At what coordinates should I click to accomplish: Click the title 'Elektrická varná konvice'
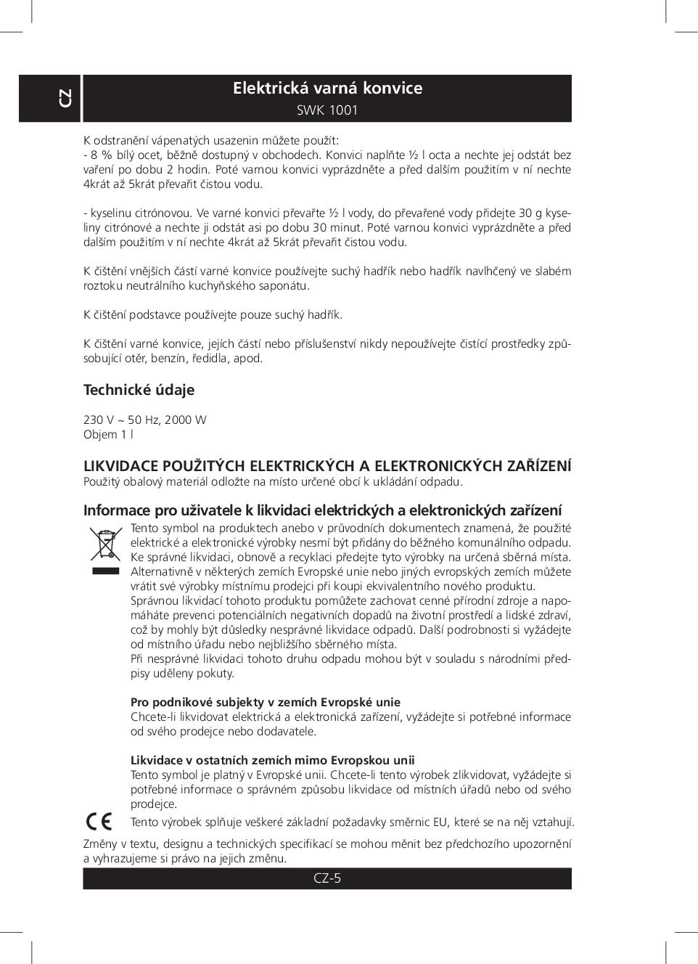pos(327,89)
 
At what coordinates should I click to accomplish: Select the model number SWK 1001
pos(327,111)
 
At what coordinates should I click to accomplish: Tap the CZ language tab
pos(65,98)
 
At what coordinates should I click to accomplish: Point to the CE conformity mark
pos(99,821)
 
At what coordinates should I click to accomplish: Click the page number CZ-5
pos(327,878)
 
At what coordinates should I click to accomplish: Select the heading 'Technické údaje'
pos(139,390)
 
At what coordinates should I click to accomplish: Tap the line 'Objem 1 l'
pos(108,435)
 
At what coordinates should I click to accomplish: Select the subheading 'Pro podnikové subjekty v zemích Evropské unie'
pos(265,702)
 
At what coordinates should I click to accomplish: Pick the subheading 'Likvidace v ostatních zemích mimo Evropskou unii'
pos(272,760)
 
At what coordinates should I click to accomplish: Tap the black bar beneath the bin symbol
pos(105,571)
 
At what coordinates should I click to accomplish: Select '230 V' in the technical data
pos(99,420)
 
